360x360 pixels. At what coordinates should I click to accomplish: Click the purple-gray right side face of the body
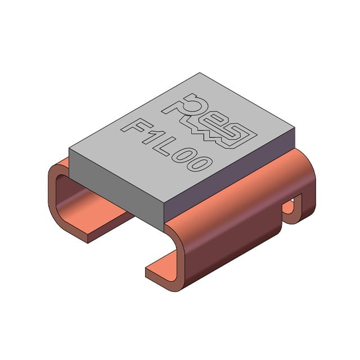229,174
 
